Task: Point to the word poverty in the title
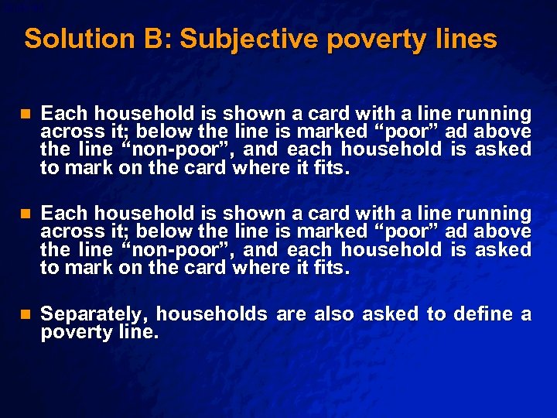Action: (x=377, y=40)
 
